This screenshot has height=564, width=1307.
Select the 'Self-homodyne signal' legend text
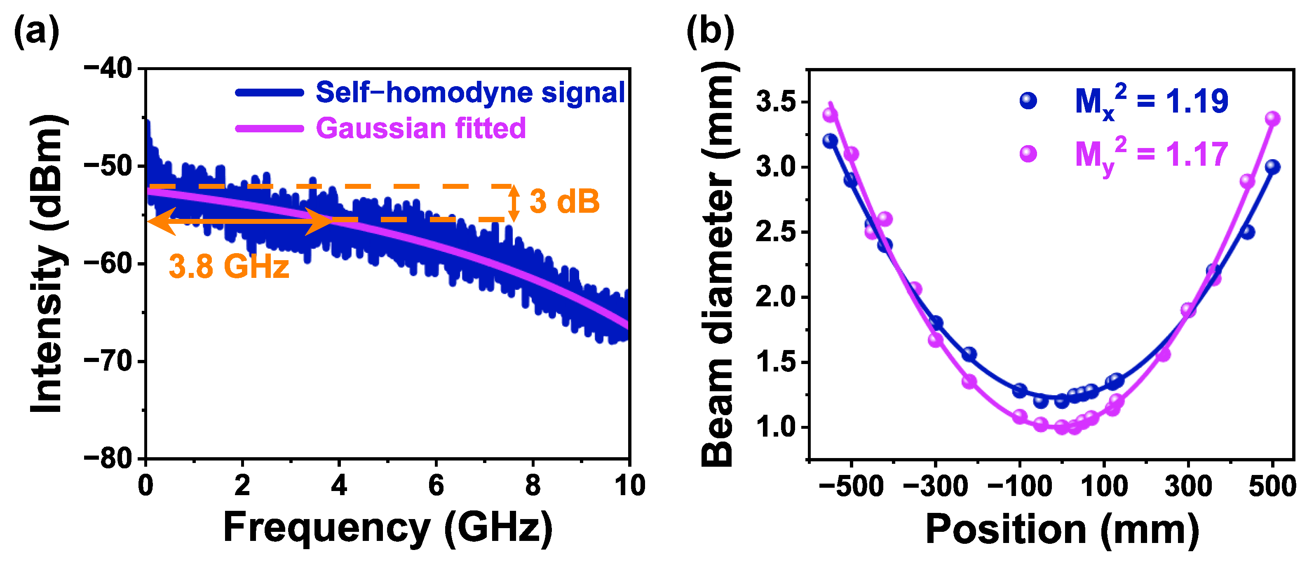[x=470, y=92]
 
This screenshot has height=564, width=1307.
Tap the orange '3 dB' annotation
[x=564, y=202]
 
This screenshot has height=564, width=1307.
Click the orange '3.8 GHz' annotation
[x=229, y=266]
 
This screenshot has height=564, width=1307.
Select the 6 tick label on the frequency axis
[x=436, y=486]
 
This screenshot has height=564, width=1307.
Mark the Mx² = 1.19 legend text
[x=1151, y=101]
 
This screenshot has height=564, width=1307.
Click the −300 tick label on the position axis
[x=935, y=486]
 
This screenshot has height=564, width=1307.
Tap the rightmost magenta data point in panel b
[x=1272, y=119]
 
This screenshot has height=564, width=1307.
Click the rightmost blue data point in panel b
[x=1272, y=167]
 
